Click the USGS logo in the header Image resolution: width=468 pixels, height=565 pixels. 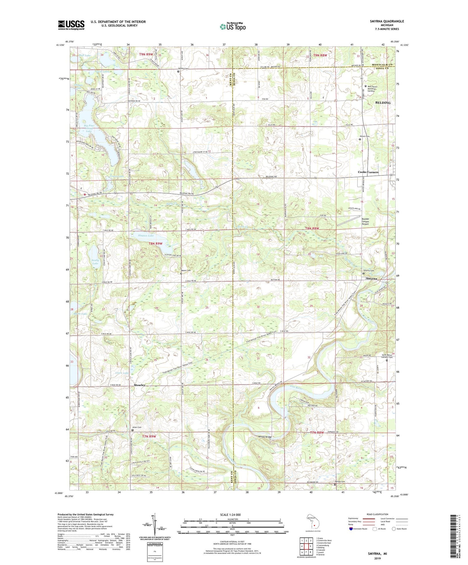(71, 25)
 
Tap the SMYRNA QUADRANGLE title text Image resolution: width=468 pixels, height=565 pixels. (387, 21)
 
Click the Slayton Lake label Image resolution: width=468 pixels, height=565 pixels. (146, 236)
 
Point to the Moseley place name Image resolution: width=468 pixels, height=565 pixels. (139, 385)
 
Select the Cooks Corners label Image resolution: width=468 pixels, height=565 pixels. (368, 172)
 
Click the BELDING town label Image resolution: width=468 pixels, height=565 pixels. (383, 103)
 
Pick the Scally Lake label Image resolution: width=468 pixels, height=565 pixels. (95, 261)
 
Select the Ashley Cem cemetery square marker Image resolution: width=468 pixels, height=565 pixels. (178, 71)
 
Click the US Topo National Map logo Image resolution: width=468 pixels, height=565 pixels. (232, 26)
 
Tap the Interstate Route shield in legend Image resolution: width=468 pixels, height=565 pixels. (351, 529)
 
